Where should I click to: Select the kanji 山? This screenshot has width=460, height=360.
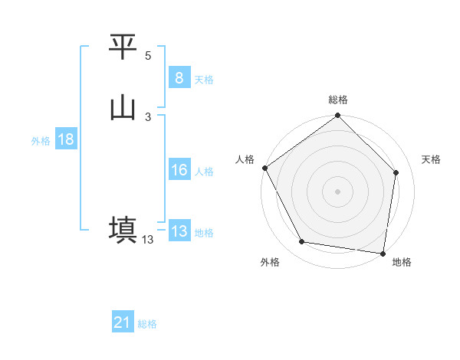pos(123,108)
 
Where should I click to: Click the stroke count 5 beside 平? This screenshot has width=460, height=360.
pos(148,56)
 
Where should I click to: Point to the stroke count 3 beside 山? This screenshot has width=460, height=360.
pos(148,116)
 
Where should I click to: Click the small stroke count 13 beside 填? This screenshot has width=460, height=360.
pos(148,240)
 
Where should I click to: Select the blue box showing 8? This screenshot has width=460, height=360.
pos(179,78)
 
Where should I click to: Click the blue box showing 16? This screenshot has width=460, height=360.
pos(179,171)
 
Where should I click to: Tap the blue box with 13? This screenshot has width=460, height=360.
pos(179,231)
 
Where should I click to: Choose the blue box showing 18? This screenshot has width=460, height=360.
pos(65,139)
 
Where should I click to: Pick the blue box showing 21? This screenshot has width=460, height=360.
pos(123,323)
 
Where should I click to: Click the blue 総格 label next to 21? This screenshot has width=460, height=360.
pos(147,324)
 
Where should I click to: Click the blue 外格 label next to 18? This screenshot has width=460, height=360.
pos(41,140)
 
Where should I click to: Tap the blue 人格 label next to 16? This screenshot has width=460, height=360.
pos(204,172)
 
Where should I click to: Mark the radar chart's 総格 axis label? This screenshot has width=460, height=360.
pos(338,100)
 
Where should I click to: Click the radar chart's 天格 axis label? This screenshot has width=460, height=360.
pos(431,159)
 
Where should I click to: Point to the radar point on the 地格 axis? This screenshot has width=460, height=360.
pos(383,253)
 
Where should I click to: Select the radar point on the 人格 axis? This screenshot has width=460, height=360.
pos(264,168)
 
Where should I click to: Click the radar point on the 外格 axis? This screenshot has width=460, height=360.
pos(302,242)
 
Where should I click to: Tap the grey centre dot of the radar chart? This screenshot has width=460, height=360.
pos(337,191)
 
